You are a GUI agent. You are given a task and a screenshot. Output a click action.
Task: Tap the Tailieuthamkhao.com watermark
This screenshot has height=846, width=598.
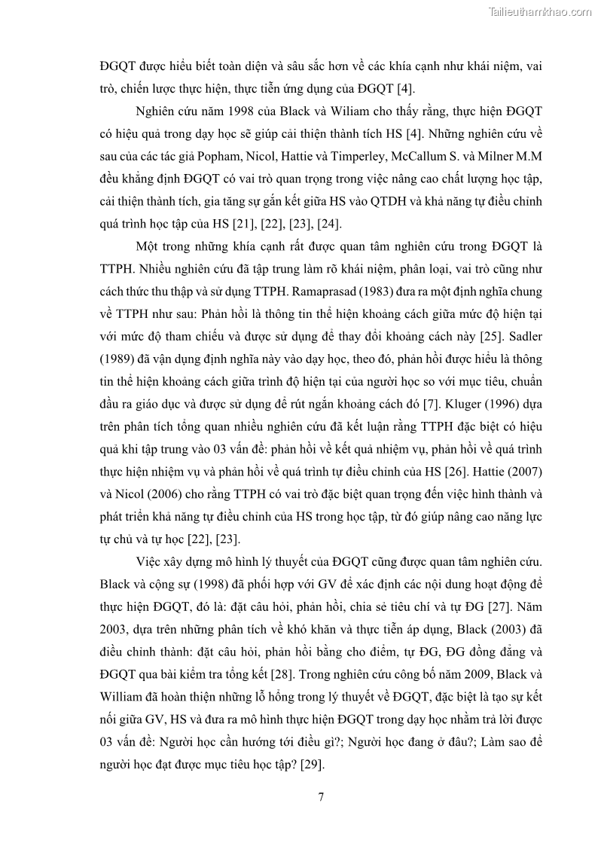pyautogui.click(x=540, y=11)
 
